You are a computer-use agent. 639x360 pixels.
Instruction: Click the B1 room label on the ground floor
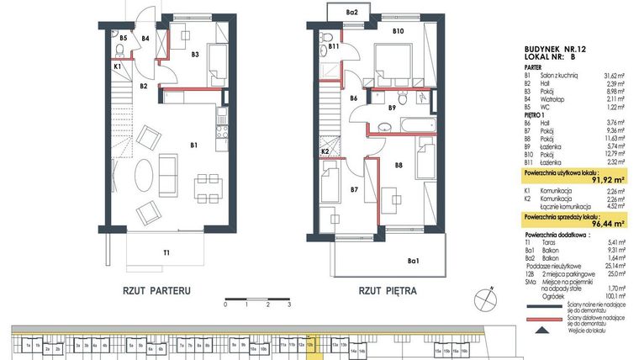click(x=193, y=146)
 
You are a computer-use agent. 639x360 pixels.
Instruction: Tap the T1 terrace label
click(x=166, y=251)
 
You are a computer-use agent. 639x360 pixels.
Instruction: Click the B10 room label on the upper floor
click(x=399, y=32)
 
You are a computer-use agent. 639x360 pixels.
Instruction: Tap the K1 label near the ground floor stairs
click(x=118, y=66)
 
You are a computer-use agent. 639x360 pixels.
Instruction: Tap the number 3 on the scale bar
click(x=288, y=305)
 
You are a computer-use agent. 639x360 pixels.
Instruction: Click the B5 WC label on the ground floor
click(x=123, y=38)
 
